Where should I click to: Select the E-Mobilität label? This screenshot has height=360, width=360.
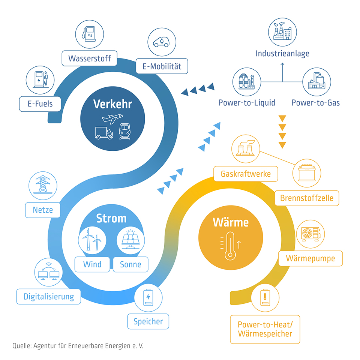[162, 66]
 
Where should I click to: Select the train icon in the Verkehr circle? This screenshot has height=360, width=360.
[124, 132]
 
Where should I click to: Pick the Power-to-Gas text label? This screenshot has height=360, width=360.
[315, 102]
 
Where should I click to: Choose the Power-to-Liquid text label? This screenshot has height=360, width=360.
[247, 102]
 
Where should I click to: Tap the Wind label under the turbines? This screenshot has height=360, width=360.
[92, 264]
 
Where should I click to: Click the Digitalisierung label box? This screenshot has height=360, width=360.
[49, 297]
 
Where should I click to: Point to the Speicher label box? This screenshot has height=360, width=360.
[148, 321]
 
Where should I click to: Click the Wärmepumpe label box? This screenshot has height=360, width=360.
[310, 258]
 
